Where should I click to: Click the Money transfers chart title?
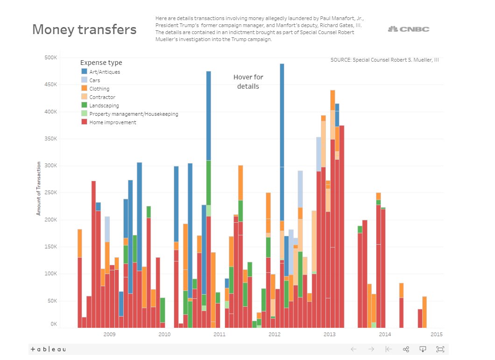click(x=85, y=29)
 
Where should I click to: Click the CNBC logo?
click(x=409, y=29)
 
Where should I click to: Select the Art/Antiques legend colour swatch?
click(x=85, y=71)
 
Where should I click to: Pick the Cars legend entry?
click(x=94, y=80)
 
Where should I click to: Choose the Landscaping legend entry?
click(x=104, y=106)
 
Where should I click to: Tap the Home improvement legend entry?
click(x=113, y=122)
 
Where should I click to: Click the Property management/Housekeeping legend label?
click(x=134, y=114)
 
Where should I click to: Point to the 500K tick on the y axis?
click(x=50, y=58)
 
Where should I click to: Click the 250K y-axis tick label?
click(x=50, y=193)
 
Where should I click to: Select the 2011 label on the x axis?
click(x=219, y=334)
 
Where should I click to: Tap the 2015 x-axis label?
click(x=436, y=334)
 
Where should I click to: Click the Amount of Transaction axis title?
click(x=39, y=189)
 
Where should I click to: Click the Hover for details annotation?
click(x=248, y=82)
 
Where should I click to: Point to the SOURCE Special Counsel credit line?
click(x=384, y=60)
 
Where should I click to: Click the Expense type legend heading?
click(x=101, y=63)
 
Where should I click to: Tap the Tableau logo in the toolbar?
click(x=48, y=349)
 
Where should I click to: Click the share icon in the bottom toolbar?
click(x=406, y=349)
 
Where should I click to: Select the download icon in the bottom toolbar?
click(x=423, y=349)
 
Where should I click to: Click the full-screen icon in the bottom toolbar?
click(x=440, y=349)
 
